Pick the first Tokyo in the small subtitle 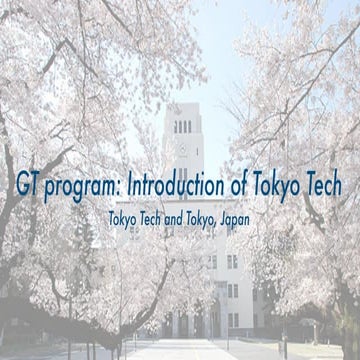point(126,216)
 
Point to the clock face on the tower point(183,147)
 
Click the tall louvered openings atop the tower point(183,126)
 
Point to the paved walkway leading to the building point(175,350)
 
